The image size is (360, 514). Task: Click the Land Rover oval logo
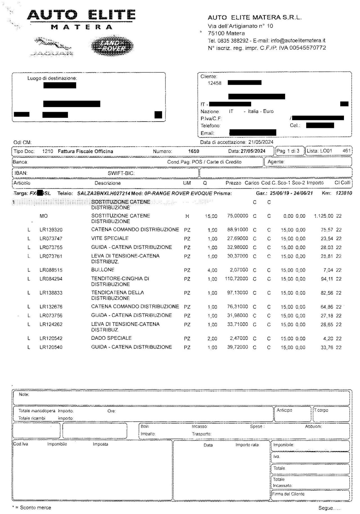tap(112, 46)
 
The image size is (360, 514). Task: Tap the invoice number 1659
tap(193, 151)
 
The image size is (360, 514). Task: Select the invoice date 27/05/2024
tap(253, 151)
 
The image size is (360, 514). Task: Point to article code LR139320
tap(51, 230)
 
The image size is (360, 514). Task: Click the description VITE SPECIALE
tap(110, 238)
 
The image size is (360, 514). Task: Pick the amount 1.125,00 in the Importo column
tap(323, 216)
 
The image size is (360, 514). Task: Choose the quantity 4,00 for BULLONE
tap(212, 270)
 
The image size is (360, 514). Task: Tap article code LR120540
tap(51, 347)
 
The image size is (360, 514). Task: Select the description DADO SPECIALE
tap(111, 338)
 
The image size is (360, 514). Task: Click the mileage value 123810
tap(344, 193)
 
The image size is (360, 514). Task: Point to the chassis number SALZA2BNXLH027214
tap(103, 193)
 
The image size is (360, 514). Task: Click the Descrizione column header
tap(107, 183)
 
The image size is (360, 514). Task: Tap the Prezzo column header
tap(233, 183)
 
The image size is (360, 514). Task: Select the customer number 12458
tap(214, 83)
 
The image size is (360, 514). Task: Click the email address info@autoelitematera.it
tap(298, 41)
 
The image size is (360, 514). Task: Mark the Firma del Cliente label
tap(288, 494)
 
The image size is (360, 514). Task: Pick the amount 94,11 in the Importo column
tap(327, 279)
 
